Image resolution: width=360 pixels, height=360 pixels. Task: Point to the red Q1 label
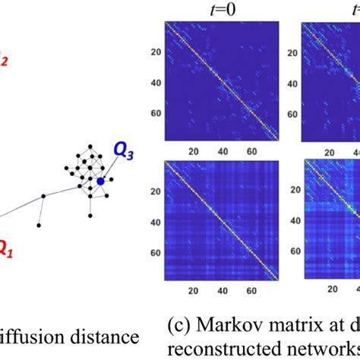[6, 247]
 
